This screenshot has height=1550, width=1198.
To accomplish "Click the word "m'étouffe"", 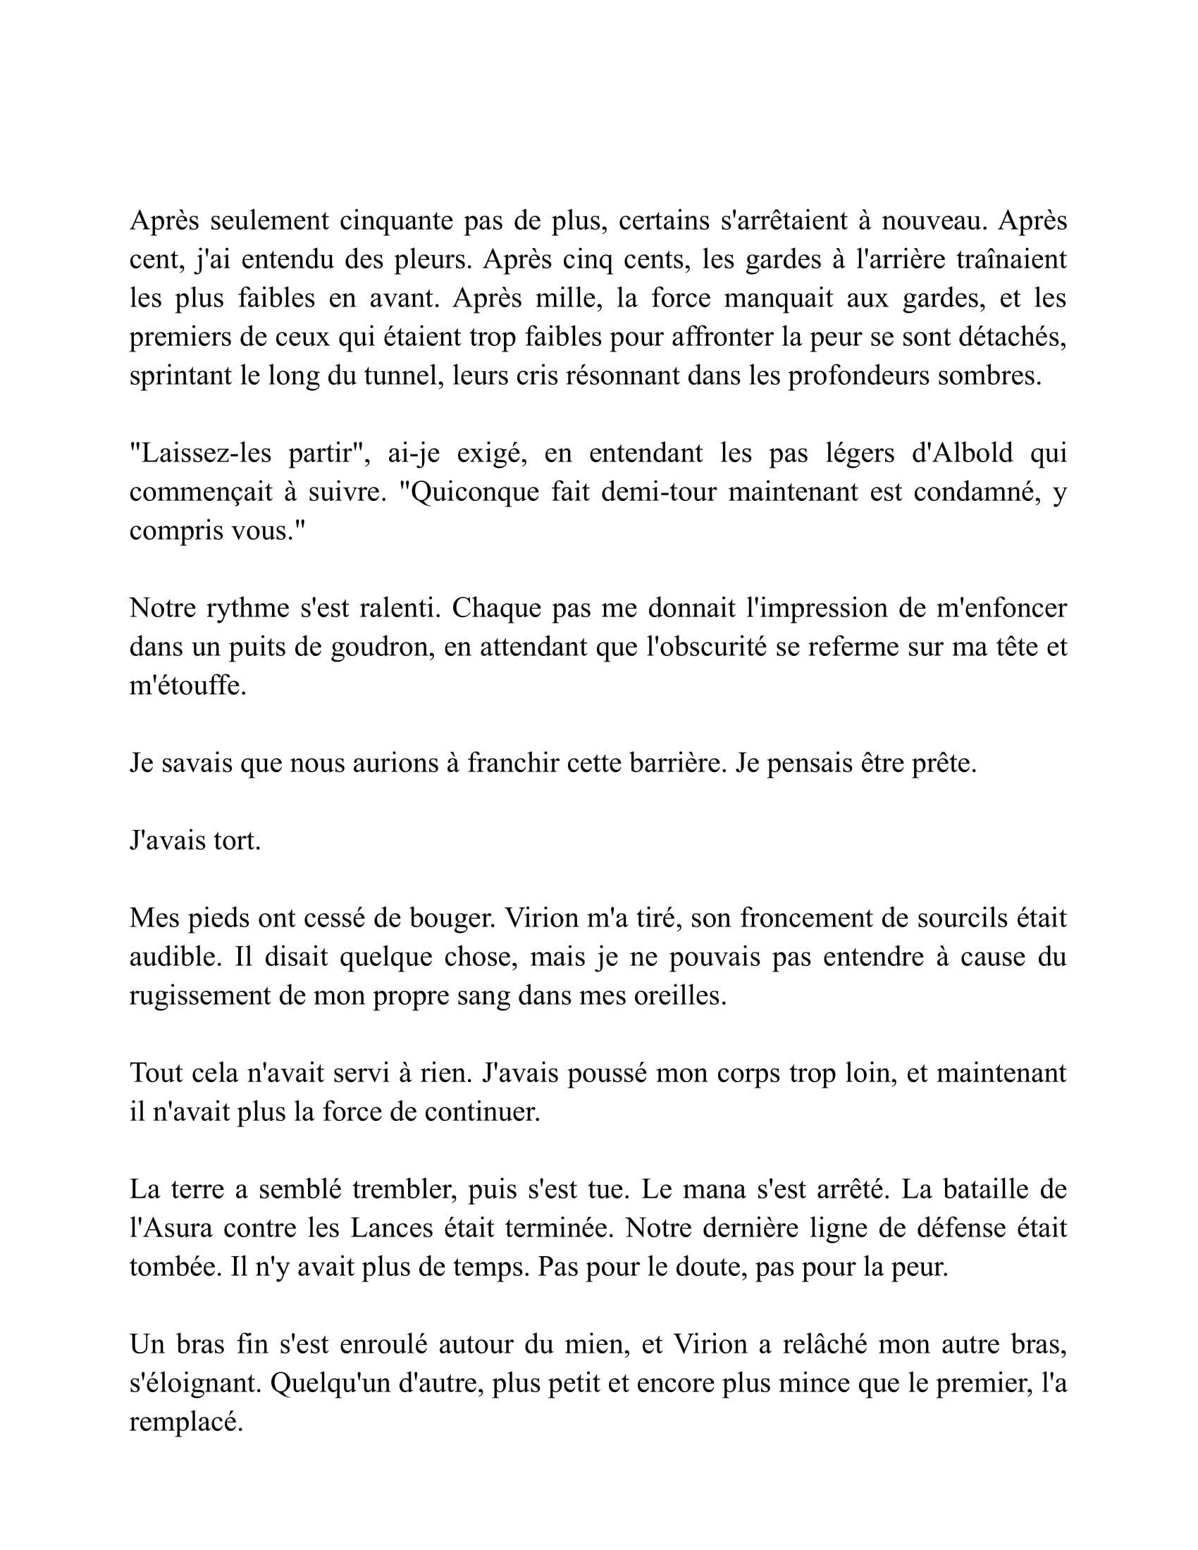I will pyautogui.click(x=187, y=686).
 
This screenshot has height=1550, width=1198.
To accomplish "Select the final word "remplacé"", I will pyautogui.click(x=186, y=1422).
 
